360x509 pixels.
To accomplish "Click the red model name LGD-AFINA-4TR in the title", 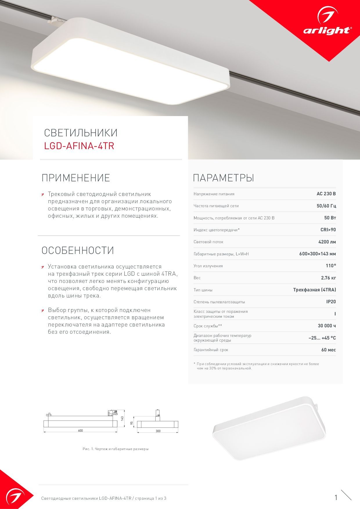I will [x=79, y=146].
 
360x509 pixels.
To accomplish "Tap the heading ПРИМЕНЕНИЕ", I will [x=76, y=178].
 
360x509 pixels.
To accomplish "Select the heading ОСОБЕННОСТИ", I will [x=78, y=250].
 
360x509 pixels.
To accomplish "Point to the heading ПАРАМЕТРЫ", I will [x=224, y=178].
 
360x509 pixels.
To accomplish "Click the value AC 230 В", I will [x=326, y=194].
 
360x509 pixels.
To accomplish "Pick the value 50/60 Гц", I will [x=326, y=206].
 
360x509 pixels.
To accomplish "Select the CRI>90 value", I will [x=328, y=230].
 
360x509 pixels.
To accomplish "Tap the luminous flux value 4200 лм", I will [x=327, y=242].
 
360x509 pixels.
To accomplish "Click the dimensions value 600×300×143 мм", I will [x=317, y=254].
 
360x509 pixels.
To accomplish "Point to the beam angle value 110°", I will [x=331, y=266].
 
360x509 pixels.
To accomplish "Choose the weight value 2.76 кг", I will [x=328, y=278].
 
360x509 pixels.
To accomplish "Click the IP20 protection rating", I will [x=331, y=302].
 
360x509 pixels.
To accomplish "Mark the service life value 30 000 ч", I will [x=327, y=326].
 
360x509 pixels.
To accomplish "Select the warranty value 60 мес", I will [x=328, y=350].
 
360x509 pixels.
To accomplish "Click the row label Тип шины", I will [x=203, y=290].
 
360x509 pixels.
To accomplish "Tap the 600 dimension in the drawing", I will [x=80, y=431].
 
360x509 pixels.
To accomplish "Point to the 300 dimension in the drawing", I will [x=158, y=431].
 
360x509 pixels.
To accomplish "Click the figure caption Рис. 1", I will [x=116, y=449].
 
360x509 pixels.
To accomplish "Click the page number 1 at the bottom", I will [x=336, y=498].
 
